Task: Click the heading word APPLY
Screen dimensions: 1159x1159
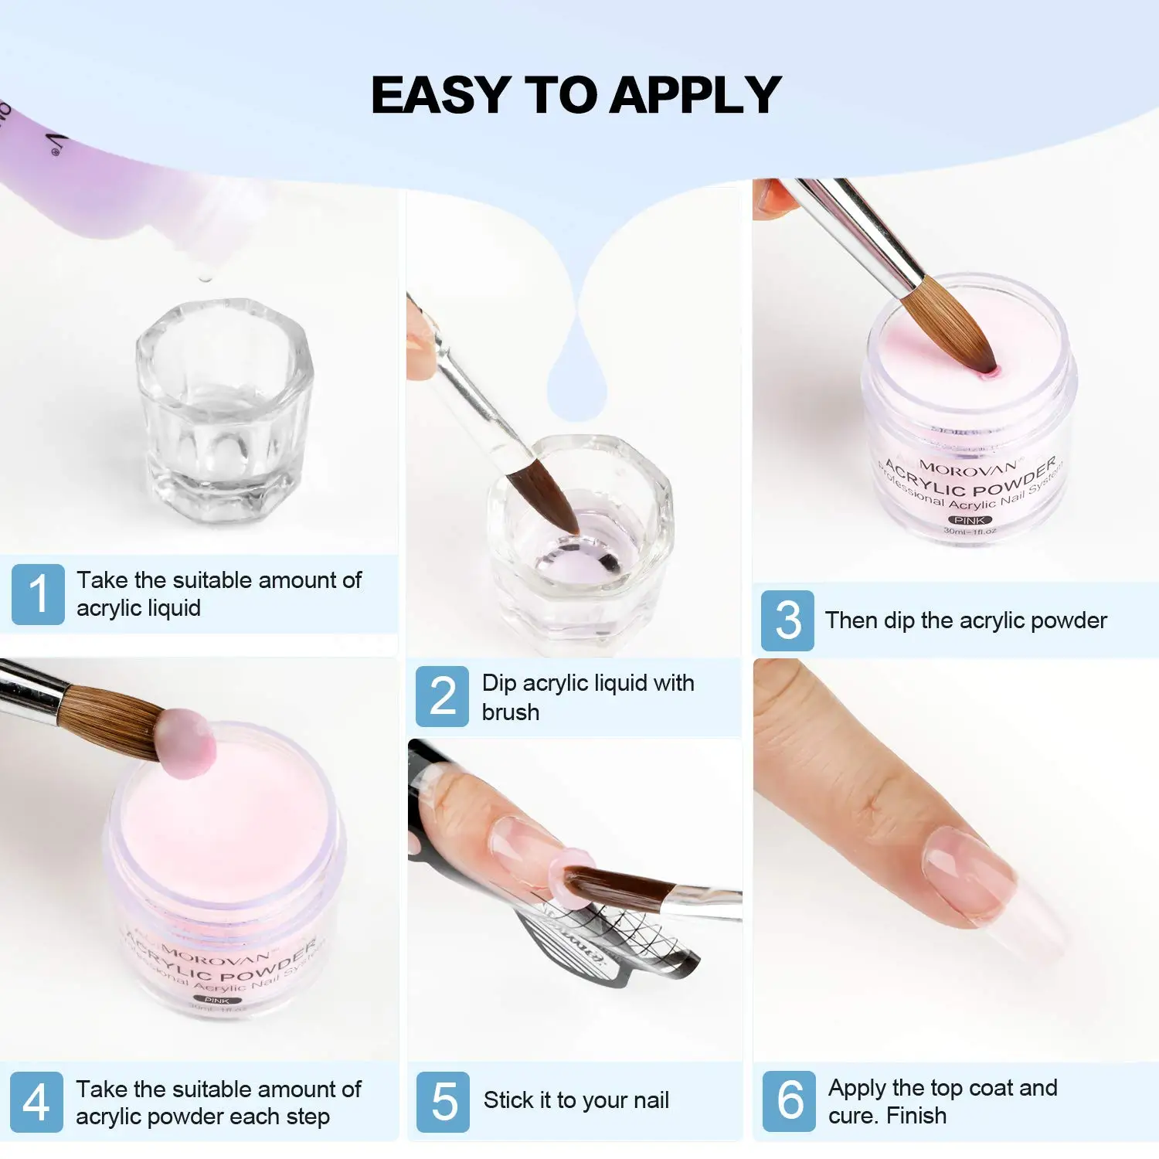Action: (x=695, y=95)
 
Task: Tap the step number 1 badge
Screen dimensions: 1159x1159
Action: (x=38, y=593)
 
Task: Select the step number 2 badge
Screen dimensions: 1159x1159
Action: (x=442, y=696)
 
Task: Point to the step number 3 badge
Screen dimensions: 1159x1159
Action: (x=787, y=620)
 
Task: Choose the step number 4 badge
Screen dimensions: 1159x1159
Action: (x=36, y=1102)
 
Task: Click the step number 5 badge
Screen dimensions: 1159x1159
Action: (x=443, y=1102)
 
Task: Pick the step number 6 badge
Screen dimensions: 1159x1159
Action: (x=789, y=1101)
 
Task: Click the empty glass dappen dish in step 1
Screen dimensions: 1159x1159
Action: (x=224, y=410)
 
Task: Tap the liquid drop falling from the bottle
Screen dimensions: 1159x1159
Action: (x=205, y=276)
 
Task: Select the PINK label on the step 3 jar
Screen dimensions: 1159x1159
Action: (x=969, y=520)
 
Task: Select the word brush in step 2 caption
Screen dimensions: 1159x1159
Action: (x=510, y=712)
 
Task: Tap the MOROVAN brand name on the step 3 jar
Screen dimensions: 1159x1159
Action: (x=967, y=468)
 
